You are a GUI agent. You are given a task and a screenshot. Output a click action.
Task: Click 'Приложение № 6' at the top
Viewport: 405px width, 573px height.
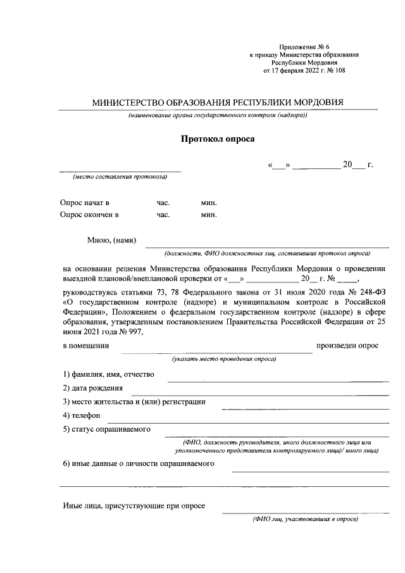coord(304,47)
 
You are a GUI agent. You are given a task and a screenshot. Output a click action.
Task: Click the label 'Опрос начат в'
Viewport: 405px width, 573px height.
coord(85,203)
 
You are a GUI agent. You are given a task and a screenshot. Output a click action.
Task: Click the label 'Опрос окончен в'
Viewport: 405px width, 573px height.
coord(90,215)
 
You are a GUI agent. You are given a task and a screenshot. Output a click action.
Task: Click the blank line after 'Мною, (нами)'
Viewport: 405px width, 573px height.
coord(266,247)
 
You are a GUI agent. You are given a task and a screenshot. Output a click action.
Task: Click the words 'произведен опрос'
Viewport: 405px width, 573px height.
coord(347,346)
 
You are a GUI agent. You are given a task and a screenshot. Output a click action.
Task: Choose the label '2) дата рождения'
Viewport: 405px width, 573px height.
coord(92,388)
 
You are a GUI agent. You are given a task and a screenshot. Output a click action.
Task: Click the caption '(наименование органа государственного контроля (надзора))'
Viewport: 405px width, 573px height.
coord(217,116)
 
